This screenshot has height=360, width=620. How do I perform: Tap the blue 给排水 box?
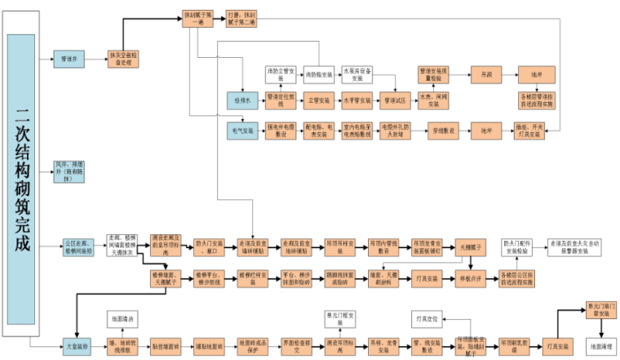[x=243, y=100]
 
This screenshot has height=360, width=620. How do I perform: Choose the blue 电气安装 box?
[x=243, y=130]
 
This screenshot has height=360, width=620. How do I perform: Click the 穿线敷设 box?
[x=443, y=130]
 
